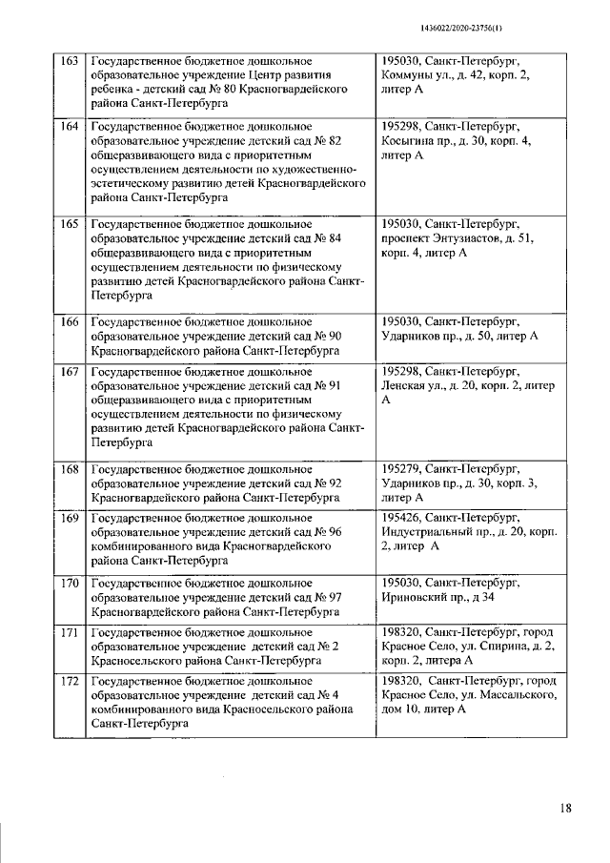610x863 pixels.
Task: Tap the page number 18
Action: coord(565,809)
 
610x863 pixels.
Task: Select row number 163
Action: coord(70,60)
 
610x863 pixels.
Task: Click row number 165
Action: coord(70,225)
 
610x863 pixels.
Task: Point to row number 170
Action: coord(70,582)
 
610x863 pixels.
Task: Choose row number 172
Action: coord(70,681)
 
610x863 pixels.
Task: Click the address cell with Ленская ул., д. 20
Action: coord(466,384)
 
